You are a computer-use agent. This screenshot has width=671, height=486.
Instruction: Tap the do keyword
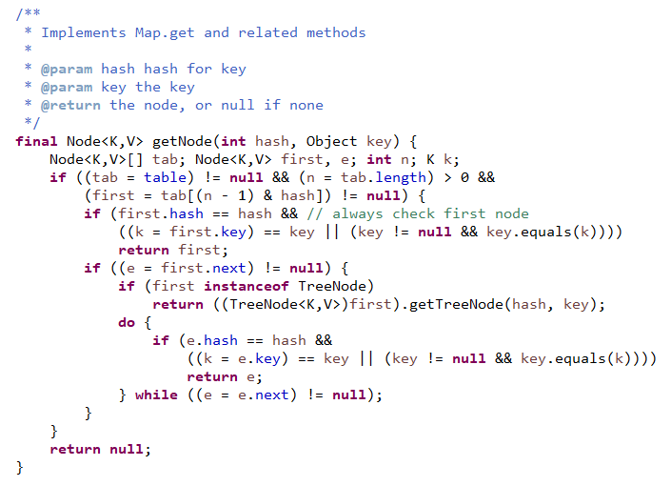127,322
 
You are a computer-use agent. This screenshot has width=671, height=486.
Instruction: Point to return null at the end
99,449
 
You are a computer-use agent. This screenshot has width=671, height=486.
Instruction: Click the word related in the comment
267,32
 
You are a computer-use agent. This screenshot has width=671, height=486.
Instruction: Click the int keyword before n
378,159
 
